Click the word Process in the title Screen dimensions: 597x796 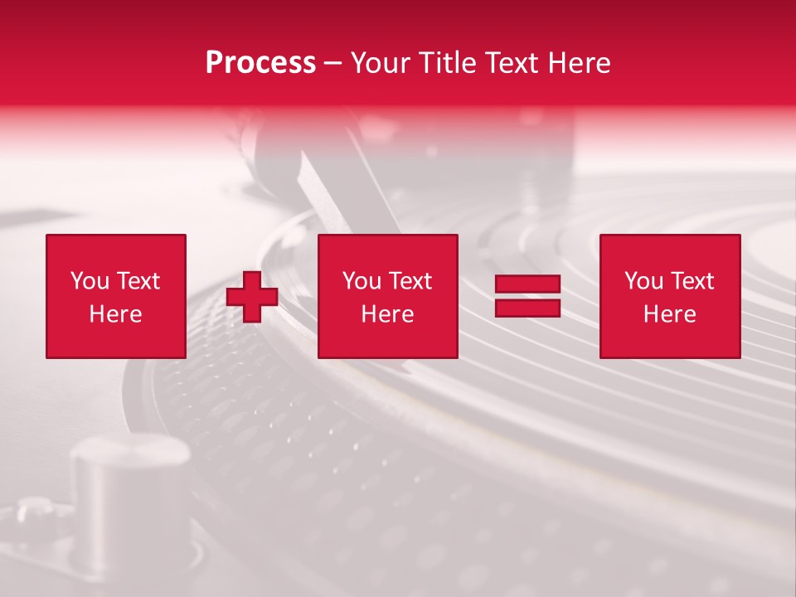click(x=260, y=63)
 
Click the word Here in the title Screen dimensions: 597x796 click(x=581, y=63)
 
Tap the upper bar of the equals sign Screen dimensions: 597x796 click(x=527, y=284)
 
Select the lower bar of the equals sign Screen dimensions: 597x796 click(x=527, y=308)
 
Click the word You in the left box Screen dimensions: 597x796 click(x=90, y=281)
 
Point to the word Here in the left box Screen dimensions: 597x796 click(x=115, y=314)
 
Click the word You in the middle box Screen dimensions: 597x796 click(x=362, y=281)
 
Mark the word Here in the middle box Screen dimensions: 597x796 click(x=387, y=314)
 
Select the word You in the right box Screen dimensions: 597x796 click(x=643, y=281)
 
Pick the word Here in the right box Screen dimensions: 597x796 click(x=669, y=314)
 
